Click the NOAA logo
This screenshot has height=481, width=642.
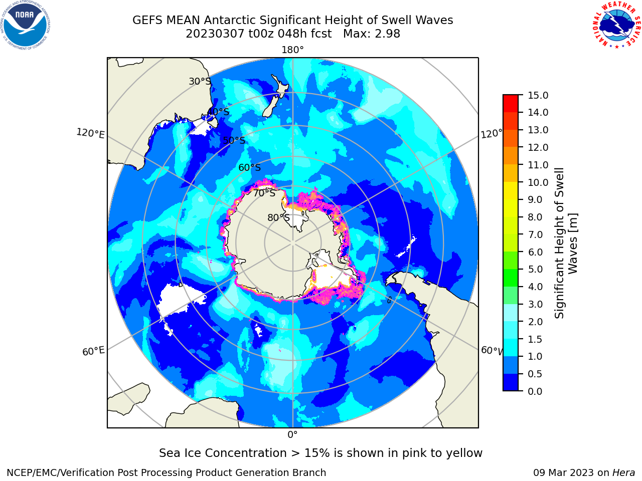26,25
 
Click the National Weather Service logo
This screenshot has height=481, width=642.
616,25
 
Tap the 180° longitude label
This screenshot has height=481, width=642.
292,50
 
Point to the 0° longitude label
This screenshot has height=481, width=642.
292,435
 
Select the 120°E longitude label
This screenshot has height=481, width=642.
90,133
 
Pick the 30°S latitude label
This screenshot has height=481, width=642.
200,81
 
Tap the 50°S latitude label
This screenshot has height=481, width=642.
234,140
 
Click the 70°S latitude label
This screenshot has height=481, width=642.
264,193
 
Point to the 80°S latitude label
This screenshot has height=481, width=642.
278,217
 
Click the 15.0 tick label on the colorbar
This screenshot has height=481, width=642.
538,95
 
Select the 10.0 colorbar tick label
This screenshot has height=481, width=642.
538,182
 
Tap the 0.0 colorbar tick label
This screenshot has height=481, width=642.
535,391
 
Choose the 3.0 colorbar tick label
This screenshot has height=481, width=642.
535,304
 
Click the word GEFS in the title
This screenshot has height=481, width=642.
147,21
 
